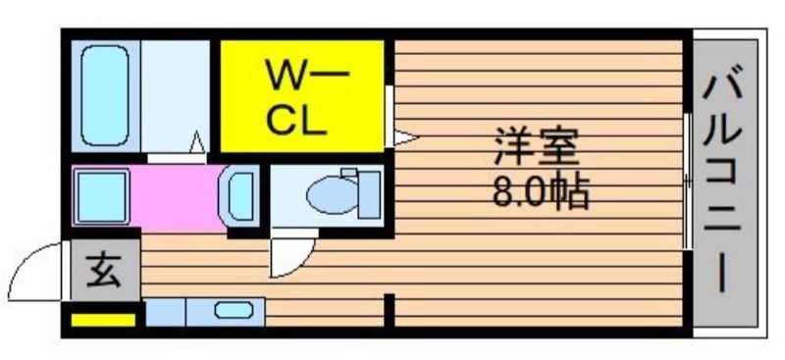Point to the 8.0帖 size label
[541, 191]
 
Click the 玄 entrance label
[104, 272]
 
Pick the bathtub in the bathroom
[105, 95]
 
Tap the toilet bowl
[332, 195]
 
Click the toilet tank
[369, 195]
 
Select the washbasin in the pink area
[238, 196]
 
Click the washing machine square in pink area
[101, 196]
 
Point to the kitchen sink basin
[234, 310]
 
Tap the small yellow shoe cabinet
[103, 320]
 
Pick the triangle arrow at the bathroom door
[198, 142]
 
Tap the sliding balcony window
[688, 180]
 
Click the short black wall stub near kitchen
[389, 311]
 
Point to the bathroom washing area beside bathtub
[176, 95]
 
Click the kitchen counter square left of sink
[165, 313]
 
